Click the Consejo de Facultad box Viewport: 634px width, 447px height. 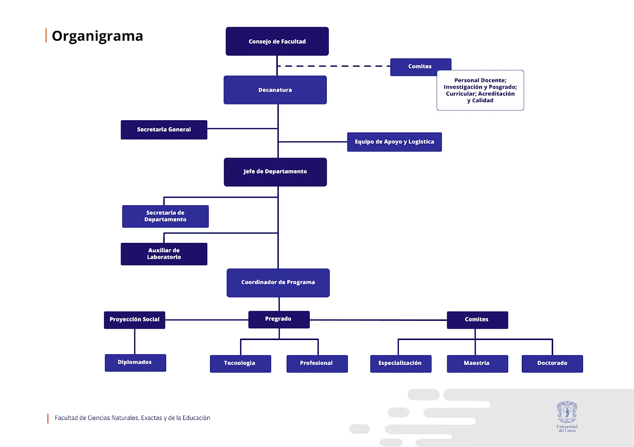(x=277, y=41)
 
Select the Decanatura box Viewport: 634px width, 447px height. (x=275, y=90)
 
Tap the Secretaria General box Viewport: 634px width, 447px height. (x=164, y=130)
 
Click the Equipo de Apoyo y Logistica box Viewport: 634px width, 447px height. (x=394, y=142)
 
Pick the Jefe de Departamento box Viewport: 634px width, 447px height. (x=275, y=172)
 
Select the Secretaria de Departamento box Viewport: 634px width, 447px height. (x=165, y=216)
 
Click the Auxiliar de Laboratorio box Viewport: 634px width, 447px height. (x=164, y=254)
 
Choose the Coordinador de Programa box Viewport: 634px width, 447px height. (x=278, y=283)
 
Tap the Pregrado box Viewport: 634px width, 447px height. (x=278, y=319)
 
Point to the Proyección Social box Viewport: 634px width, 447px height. (x=134, y=319)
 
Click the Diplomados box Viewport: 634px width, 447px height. (x=135, y=363)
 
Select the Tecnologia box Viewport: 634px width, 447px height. (x=240, y=364)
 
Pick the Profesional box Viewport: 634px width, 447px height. (x=317, y=364)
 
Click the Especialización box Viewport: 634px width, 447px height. (x=400, y=364)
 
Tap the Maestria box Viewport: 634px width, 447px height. (x=477, y=364)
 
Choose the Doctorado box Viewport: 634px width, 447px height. (x=552, y=364)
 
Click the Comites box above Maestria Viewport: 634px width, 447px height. (x=477, y=320)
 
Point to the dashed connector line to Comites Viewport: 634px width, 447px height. (x=333, y=66)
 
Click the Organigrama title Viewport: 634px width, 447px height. (x=97, y=36)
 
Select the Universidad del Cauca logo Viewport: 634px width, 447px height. (x=567, y=416)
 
